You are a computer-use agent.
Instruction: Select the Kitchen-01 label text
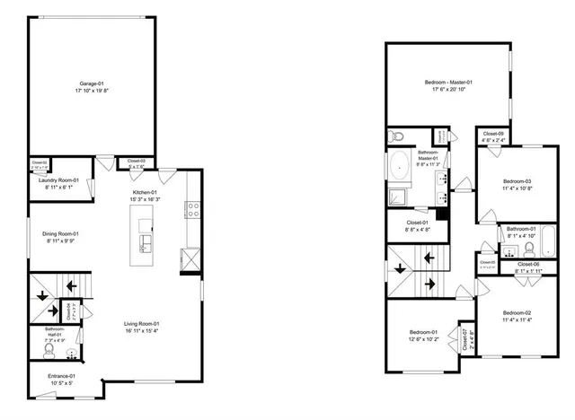[x=146, y=192]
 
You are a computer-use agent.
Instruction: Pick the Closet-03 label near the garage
[x=137, y=162]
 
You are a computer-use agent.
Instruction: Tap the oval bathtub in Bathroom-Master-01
[x=398, y=166]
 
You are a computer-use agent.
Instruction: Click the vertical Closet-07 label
[x=465, y=340]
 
